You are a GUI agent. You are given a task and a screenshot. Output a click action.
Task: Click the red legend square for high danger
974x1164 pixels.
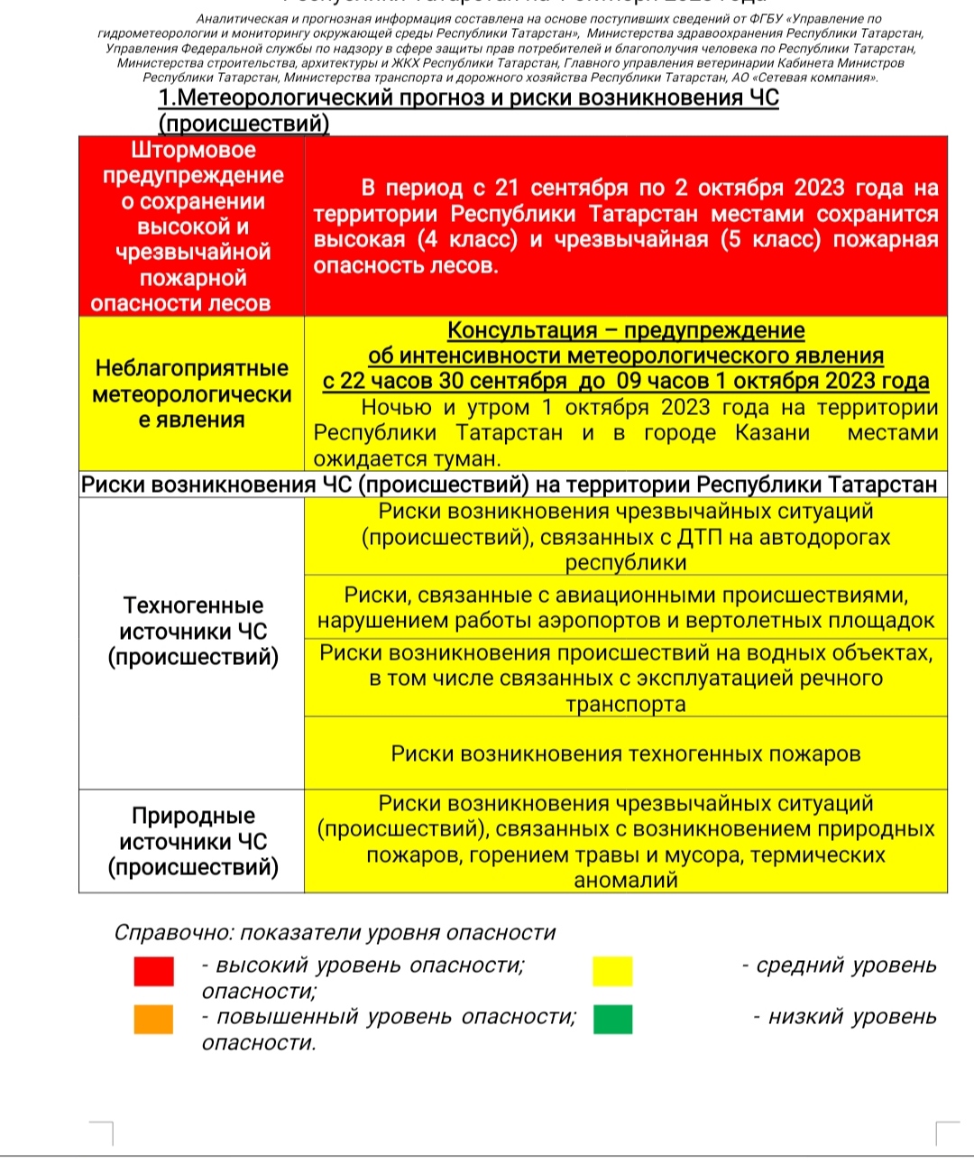tap(153, 971)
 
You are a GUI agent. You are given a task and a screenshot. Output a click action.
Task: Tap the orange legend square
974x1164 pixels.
tap(153, 1020)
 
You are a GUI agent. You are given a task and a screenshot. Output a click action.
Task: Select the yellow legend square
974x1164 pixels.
tap(612, 971)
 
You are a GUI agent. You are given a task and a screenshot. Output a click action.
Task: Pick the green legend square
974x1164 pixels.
tap(612, 1020)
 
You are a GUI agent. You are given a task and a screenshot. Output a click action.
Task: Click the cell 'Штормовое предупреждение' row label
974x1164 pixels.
tap(192, 226)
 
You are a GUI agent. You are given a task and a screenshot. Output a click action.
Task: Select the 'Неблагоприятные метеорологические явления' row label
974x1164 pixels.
tap(192, 394)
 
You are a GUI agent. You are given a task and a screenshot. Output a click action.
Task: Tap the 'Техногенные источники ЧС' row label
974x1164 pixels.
tap(192, 631)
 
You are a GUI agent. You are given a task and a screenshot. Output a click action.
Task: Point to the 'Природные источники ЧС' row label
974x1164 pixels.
tap(192, 841)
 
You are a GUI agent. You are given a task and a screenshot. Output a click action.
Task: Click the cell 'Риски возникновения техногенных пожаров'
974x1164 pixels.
tap(626, 753)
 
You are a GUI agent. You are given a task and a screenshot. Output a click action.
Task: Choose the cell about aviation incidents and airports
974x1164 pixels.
tap(626, 608)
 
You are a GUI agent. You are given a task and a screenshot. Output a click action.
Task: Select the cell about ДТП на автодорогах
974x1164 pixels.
tap(626, 537)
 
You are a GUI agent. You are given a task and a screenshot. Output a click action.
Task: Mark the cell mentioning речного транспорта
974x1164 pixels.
tap(626, 679)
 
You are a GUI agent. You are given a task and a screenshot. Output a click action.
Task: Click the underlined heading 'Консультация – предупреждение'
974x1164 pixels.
tap(626, 330)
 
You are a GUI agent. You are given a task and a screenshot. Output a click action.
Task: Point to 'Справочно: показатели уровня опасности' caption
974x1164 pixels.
tap(335, 933)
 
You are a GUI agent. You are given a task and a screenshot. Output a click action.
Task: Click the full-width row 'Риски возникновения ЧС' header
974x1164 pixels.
tap(510, 485)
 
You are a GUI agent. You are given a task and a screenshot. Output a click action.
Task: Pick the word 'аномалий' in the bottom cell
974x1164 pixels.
tap(626, 881)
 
